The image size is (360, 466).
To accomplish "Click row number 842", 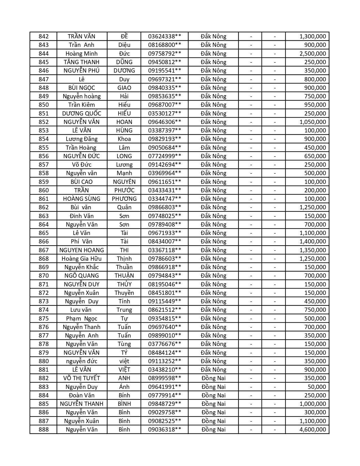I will pos(43,36).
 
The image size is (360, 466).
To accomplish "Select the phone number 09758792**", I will pos(164,54).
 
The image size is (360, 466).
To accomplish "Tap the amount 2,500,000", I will pos(313,54).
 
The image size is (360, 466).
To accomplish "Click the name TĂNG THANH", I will pos(82,62).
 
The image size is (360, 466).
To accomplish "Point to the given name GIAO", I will pos(124,88).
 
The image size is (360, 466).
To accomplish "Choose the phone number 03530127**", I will pos(164,114).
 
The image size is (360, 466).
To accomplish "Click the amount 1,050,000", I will pos(313,122).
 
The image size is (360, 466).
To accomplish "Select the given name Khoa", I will pos(124,139).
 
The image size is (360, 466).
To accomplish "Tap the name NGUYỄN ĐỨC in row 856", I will pos(82,156).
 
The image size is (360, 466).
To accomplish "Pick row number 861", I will pos(43,199).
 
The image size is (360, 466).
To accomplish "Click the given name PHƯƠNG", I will pos(124,199).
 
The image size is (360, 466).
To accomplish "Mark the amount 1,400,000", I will pos(313,241).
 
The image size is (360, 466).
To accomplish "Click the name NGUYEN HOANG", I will pos(82,250).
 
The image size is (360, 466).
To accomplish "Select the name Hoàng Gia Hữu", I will pos(82,259).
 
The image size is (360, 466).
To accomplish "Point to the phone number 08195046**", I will pos(164,284).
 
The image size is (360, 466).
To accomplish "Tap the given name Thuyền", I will pos(124,293).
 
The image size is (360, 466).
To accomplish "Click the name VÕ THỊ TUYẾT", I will pos(82,378).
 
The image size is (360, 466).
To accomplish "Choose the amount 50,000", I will pos(317,387).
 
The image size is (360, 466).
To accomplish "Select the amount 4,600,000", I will pos(313,430).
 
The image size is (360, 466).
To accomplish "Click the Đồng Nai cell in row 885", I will pos(213,404).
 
